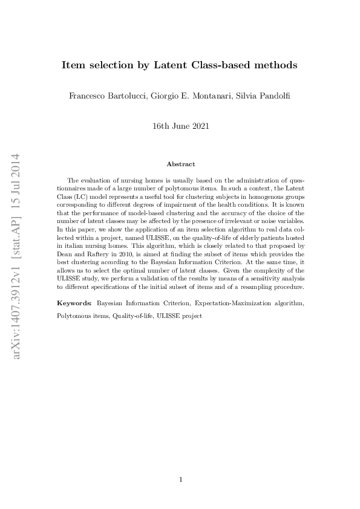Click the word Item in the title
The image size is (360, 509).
point(73,65)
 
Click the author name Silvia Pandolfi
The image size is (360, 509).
point(263,96)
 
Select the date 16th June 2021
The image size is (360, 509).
point(180,127)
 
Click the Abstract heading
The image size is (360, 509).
point(180,164)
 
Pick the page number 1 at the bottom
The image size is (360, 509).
point(180,479)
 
